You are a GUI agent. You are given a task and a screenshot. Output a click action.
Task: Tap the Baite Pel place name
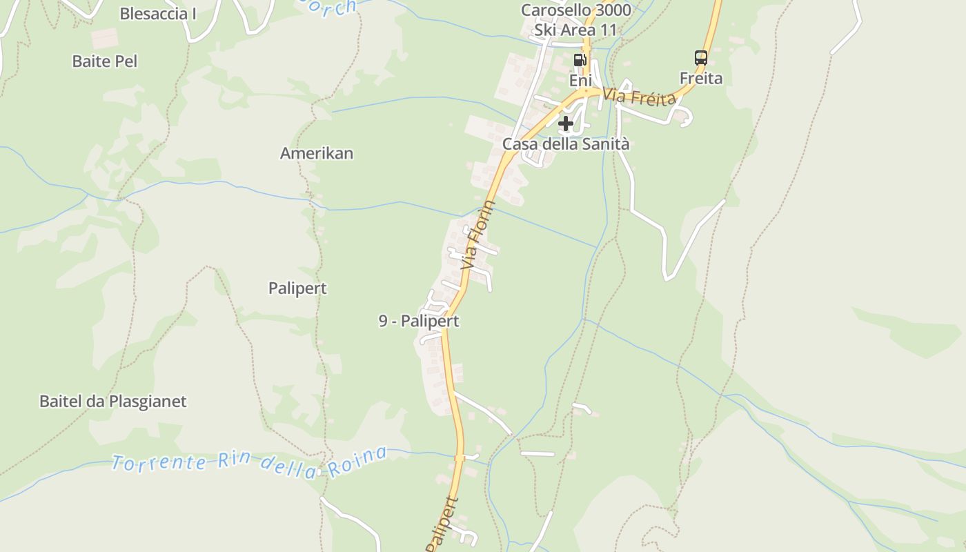pos(105,61)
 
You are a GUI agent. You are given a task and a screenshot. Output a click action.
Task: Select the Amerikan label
pos(317,153)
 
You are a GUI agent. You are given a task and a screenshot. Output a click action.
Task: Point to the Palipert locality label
pos(297,288)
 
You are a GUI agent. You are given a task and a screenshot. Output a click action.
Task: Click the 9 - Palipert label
pos(419,321)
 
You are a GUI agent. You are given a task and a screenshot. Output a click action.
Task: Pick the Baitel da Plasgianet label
pos(112,401)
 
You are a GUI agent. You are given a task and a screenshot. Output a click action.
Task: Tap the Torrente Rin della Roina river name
pos(248,463)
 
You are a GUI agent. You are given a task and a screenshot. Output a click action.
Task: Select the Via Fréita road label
pos(639,97)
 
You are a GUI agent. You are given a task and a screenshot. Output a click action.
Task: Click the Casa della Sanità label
pos(566,144)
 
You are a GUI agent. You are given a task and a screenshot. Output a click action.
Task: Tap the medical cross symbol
pos(566,124)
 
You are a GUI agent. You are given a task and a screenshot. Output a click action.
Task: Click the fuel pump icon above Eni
pos(580,60)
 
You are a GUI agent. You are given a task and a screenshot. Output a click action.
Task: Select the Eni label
pos(580,81)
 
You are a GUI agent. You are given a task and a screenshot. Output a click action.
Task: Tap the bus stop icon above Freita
pos(701,58)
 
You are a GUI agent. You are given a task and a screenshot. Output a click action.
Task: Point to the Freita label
pos(701,78)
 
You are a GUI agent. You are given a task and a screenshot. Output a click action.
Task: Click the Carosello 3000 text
pos(575,10)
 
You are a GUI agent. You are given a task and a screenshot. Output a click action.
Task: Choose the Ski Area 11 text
pos(575,30)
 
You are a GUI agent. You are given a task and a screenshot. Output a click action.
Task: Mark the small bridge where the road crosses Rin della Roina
pos(460,457)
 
